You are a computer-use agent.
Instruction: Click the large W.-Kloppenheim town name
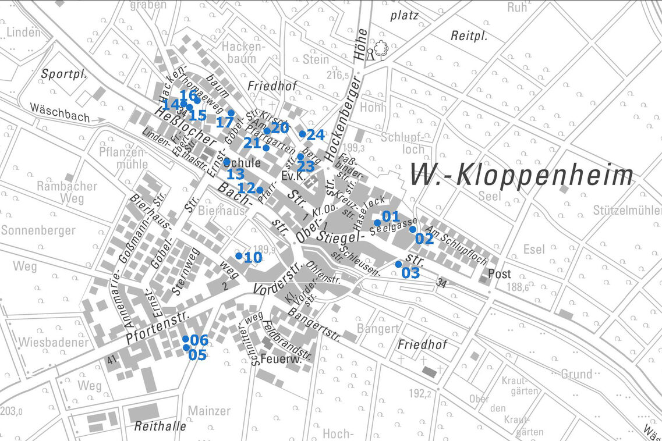(522, 175)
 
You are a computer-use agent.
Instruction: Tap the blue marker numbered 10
(239, 255)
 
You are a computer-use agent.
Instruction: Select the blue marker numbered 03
(398, 264)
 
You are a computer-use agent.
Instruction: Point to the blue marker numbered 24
(302, 134)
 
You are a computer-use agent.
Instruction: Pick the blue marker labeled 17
(231, 113)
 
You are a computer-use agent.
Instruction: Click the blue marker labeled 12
(260, 190)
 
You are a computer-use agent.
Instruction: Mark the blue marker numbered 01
(377, 222)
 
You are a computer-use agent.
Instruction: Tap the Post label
(499, 274)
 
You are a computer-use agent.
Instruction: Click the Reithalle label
(160, 426)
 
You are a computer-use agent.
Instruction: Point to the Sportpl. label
(63, 74)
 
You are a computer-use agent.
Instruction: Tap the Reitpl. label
(469, 36)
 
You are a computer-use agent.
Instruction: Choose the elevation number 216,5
(337, 76)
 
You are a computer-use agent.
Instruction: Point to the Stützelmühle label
(626, 209)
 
